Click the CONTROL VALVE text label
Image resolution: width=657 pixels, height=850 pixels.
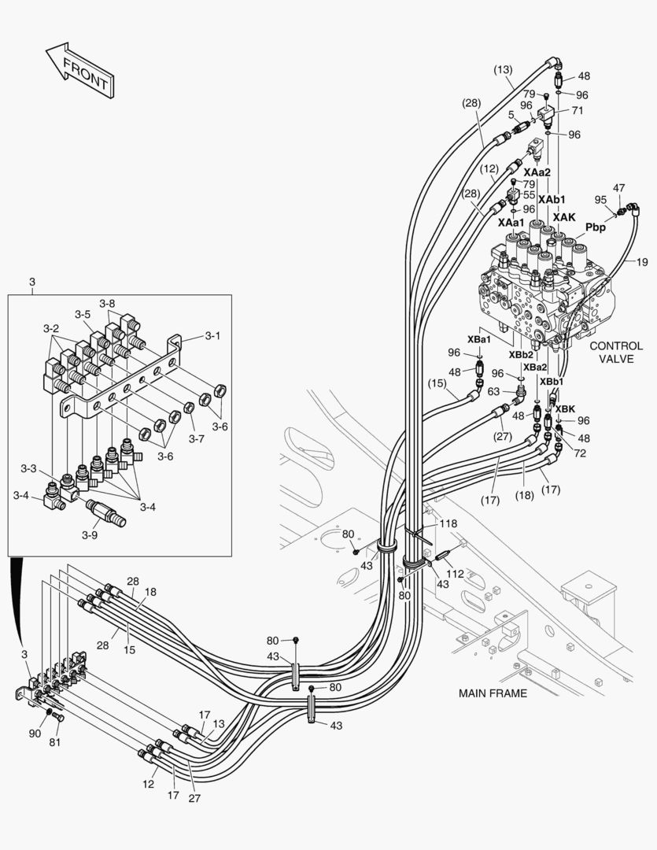616,352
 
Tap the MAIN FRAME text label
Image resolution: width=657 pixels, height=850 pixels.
493,693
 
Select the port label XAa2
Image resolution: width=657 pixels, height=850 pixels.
537,172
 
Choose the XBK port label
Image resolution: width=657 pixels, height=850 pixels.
564,408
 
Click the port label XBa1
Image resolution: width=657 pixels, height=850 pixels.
479,339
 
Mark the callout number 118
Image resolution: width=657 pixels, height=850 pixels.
448,523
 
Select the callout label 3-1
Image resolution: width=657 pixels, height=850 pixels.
212,335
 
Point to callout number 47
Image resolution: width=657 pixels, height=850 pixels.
619,188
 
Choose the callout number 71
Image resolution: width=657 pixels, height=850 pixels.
578,111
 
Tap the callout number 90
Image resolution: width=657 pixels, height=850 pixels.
35,733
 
